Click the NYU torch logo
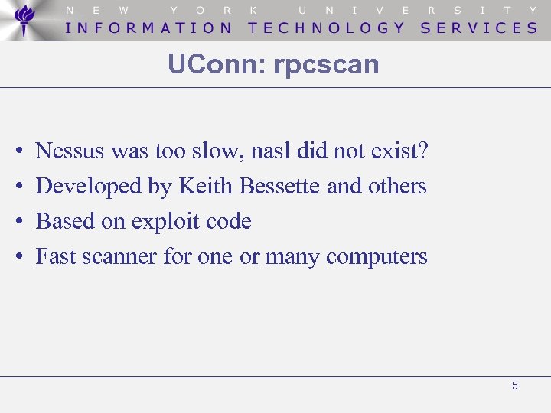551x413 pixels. [25, 19]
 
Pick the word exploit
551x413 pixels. [163, 222]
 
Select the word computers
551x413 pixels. [377, 257]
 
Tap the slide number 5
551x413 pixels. [514, 385]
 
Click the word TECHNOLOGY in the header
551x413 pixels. [327, 28]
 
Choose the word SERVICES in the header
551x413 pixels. [479, 28]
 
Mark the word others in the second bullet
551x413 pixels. [397, 186]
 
